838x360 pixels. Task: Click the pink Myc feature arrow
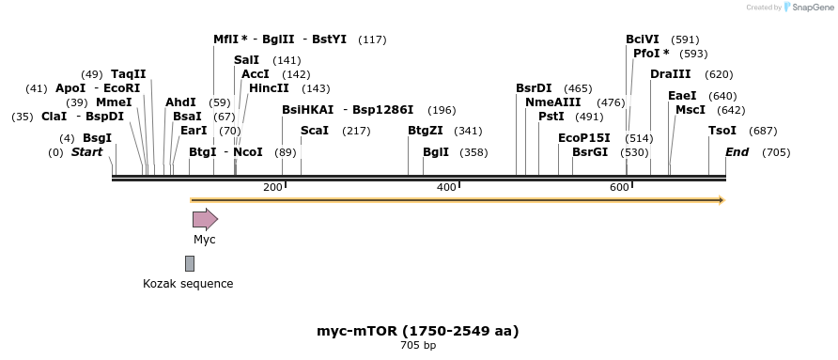205,219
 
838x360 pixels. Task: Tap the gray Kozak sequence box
190,263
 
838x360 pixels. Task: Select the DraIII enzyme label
671,74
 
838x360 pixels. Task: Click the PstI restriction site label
551,116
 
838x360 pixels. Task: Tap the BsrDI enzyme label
534,88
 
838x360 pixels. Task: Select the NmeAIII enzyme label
552,102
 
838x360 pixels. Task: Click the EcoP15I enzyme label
583,137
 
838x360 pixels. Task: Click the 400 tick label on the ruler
446,187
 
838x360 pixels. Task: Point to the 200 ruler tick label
272,187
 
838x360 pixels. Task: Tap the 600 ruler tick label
618,187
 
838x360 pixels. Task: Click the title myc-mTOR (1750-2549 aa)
417,331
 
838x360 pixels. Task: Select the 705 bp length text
417,346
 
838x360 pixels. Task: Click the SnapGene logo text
810,8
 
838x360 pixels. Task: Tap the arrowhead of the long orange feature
721,199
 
